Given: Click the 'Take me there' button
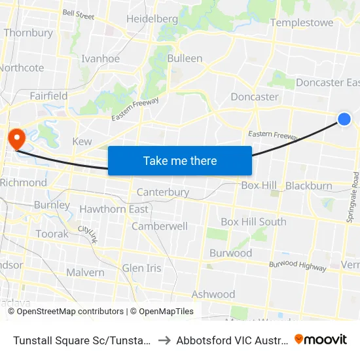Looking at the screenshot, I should click(x=180, y=160).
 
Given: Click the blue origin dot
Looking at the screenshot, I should click(x=344, y=118).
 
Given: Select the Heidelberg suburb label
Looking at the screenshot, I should click(x=152, y=19).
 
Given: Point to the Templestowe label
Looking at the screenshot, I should click(x=301, y=22).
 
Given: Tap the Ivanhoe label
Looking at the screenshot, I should click(x=100, y=58).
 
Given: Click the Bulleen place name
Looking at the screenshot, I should click(x=185, y=58).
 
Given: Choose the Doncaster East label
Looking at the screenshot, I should click(x=327, y=82).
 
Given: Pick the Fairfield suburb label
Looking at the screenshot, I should click(x=48, y=96).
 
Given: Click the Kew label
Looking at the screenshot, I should click(x=82, y=141).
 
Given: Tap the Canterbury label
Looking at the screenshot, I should click(x=163, y=192).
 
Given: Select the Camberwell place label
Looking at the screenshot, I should click(x=160, y=226).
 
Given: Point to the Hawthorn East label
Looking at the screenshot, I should click(x=114, y=209).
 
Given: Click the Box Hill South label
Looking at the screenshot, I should click(x=253, y=221).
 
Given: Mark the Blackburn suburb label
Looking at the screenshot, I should click(x=309, y=186).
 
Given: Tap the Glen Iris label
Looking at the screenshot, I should click(x=141, y=268).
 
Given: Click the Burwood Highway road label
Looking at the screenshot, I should click(x=298, y=265).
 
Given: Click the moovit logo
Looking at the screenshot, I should click(x=320, y=339).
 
